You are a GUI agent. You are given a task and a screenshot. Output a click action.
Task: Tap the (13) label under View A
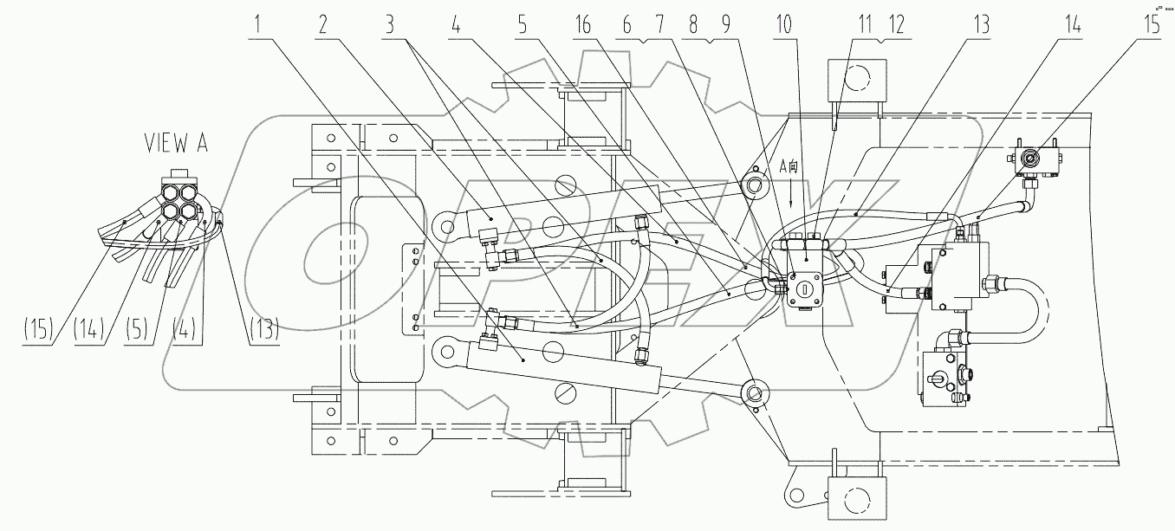[263, 330]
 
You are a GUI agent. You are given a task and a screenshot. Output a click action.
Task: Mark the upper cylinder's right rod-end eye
[756, 185]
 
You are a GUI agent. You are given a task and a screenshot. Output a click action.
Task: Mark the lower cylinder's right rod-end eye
[756, 392]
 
